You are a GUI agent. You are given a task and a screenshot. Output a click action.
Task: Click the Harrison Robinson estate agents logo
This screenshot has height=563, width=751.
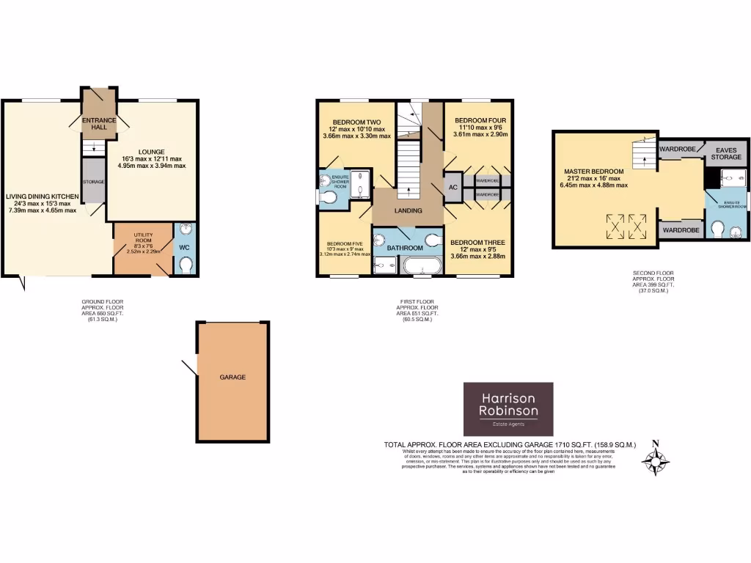pos(508,408)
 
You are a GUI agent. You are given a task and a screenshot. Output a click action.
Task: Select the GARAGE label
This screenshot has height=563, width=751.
pos(232,377)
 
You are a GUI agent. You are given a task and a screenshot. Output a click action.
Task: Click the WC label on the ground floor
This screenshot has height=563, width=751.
pos(184,248)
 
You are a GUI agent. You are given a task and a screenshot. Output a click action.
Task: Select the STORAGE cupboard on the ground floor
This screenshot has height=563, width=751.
pos(93,181)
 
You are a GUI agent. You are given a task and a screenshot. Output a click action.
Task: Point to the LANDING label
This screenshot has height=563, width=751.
pos(409,211)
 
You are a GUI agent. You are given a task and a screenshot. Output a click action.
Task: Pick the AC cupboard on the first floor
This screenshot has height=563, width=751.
pos(453,187)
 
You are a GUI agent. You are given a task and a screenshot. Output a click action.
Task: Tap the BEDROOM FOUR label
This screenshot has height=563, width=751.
pos(480,120)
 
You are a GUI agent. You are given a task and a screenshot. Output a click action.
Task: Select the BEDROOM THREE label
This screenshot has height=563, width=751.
pos(477,242)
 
